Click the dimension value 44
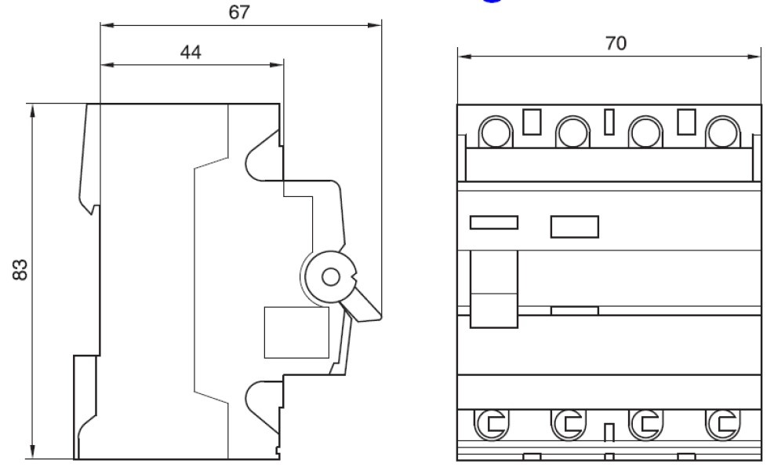click(191, 53)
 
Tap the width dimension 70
click(616, 44)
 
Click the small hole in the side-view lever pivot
click(331, 277)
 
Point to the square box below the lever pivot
click(296, 331)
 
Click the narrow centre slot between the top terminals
click(609, 122)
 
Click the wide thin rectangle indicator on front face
click(493, 222)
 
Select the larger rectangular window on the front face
click(574, 226)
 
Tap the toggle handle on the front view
click(493, 289)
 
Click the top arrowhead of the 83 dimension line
click(32, 109)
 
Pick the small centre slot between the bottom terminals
click(608, 433)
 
